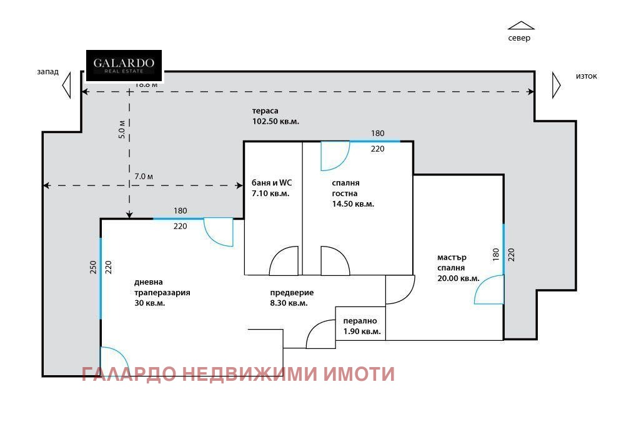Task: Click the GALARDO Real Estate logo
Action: click(x=124, y=66)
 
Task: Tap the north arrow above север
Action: click(x=520, y=26)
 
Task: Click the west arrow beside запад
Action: click(x=67, y=84)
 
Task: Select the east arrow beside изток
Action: click(x=556, y=84)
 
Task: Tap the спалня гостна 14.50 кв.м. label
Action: click(x=352, y=193)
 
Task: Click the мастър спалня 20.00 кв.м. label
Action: click(x=458, y=268)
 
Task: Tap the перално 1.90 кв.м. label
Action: click(x=362, y=327)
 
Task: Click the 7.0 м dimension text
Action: click(x=144, y=177)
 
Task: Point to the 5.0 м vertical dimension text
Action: click(x=122, y=128)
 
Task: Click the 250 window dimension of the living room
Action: click(x=92, y=267)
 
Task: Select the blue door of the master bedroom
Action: click(x=489, y=290)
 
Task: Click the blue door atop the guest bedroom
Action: click(x=334, y=156)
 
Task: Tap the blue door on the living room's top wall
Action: click(x=218, y=232)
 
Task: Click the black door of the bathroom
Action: click(x=284, y=261)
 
